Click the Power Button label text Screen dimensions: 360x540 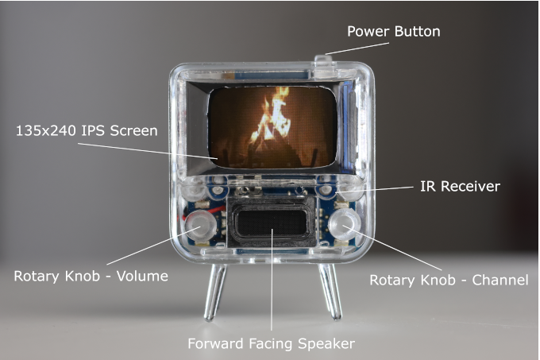[x=393, y=32]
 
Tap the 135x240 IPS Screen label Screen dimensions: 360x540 [x=87, y=130]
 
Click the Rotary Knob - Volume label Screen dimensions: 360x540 [x=91, y=277]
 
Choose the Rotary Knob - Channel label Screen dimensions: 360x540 [x=449, y=280]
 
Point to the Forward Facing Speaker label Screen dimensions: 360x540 [x=271, y=343]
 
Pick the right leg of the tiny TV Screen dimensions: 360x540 [x=330, y=292]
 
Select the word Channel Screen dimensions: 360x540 [x=499, y=280]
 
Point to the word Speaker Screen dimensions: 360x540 [x=326, y=343]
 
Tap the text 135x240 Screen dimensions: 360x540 [x=44, y=130]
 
